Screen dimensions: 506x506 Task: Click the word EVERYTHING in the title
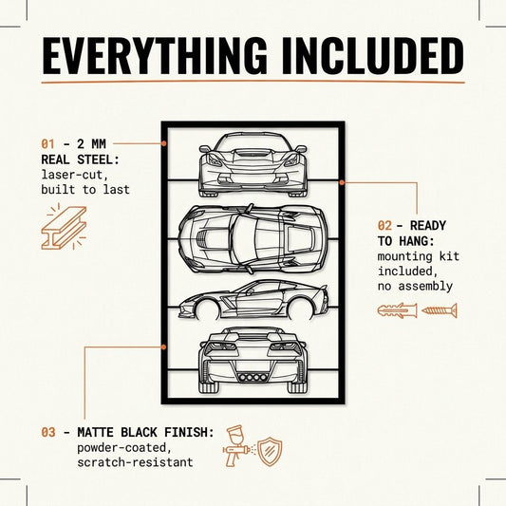(x=155, y=56)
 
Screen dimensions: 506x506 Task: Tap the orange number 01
(x=47, y=144)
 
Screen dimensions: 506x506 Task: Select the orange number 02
(x=384, y=226)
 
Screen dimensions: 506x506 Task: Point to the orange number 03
(x=48, y=432)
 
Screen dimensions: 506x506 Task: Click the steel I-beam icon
(x=64, y=227)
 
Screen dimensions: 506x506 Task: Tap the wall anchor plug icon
(x=397, y=310)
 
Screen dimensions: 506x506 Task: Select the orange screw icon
(x=440, y=310)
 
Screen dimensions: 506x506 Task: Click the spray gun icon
(x=237, y=446)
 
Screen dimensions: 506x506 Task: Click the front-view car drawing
(x=253, y=164)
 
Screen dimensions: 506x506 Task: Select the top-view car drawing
(x=253, y=239)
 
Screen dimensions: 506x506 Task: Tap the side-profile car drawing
(x=253, y=300)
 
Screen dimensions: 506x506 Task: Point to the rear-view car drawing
(x=253, y=360)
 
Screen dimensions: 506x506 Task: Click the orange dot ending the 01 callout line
(x=164, y=143)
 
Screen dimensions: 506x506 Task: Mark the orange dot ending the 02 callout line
(x=342, y=182)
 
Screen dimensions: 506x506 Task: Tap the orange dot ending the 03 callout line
(x=164, y=347)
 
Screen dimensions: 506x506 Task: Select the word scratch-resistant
(x=135, y=462)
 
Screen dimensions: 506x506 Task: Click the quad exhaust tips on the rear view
(x=253, y=377)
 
